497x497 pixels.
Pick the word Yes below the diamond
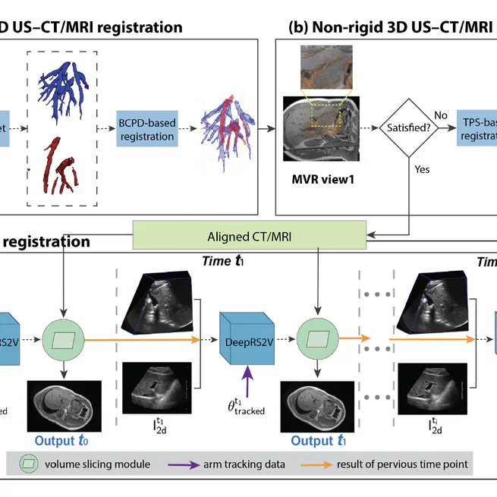423,169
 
